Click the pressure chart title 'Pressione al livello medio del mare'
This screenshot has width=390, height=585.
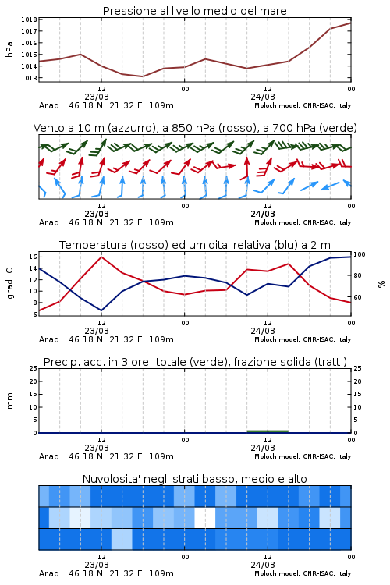pyautogui.click(x=194, y=11)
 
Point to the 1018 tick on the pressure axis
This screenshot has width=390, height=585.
pyautogui.click(x=29, y=19)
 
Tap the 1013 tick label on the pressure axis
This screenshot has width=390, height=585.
pyautogui.click(x=29, y=78)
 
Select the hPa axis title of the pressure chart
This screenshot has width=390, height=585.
pyautogui.click(x=9, y=49)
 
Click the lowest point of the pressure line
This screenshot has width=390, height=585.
pyautogui.click(x=143, y=76)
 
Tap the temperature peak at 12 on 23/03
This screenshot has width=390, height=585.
pyautogui.click(x=101, y=257)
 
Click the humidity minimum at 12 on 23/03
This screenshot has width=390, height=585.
pyautogui.click(x=101, y=310)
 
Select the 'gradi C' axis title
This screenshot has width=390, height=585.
pyautogui.click(x=10, y=283)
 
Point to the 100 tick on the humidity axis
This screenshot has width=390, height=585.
pyautogui.click(x=360, y=254)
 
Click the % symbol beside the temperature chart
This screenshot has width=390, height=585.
pyautogui.click(x=381, y=284)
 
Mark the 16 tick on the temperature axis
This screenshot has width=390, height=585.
pyautogui.click(x=33, y=257)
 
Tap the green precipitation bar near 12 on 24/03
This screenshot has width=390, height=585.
pyautogui.click(x=268, y=431)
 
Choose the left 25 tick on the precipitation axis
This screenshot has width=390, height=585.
pyautogui.click(x=34, y=368)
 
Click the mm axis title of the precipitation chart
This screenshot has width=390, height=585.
pyautogui.click(x=9, y=401)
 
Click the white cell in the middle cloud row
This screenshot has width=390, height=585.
pyautogui.click(x=205, y=517)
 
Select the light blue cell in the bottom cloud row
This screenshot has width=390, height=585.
pyautogui.click(x=122, y=539)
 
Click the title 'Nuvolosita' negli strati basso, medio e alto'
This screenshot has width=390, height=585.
pyautogui.click(x=194, y=479)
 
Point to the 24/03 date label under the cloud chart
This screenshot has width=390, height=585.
pyautogui.click(x=263, y=565)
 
